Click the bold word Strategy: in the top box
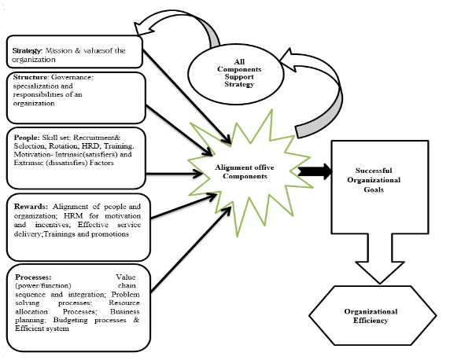[x=28, y=51]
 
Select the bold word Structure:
[x=31, y=77]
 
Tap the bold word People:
[x=27, y=138]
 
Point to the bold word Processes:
[x=33, y=277]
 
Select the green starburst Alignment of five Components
[x=250, y=173]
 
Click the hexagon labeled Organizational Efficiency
[x=372, y=315]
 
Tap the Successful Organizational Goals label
[x=374, y=180]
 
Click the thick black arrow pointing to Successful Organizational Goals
[x=315, y=171]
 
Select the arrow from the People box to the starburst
[x=174, y=174]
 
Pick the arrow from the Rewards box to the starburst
[x=184, y=206]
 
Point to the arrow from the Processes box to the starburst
[x=190, y=251]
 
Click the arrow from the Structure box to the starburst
[x=179, y=130]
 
